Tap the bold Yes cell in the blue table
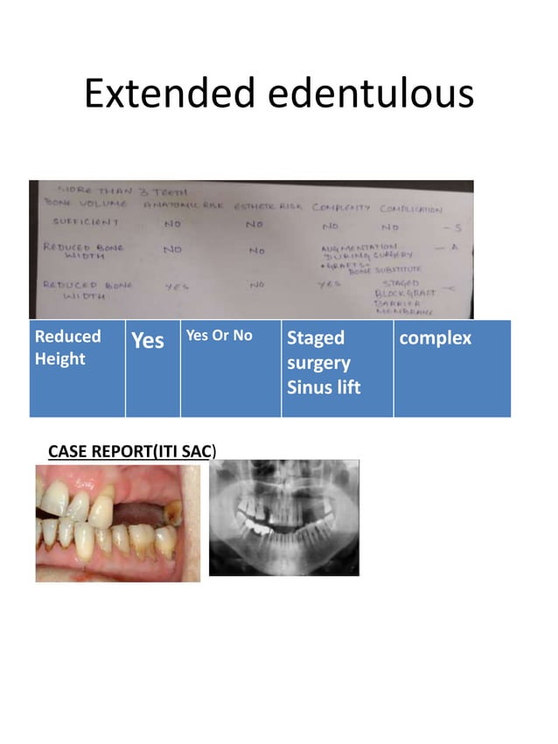coord(147,341)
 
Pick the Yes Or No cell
coord(219,336)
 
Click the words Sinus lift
coord(323,386)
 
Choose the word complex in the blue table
coord(435,337)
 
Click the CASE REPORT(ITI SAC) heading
coord(131,450)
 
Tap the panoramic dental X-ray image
coord(284,518)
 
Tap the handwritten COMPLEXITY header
coord(342,208)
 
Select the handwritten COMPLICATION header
coord(410,209)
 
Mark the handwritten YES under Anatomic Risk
coord(178,286)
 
